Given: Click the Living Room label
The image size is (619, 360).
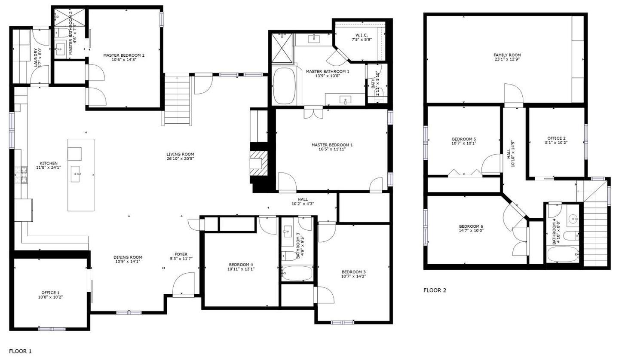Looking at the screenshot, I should pyautogui.click(x=180, y=154).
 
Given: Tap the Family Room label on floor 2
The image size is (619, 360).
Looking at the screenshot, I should pyautogui.click(x=507, y=55).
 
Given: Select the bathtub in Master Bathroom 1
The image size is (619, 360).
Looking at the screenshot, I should pyautogui.click(x=284, y=85).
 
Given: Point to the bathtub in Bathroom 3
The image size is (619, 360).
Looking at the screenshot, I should pyautogui.click(x=297, y=273).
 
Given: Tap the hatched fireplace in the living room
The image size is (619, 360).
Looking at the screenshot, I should pyautogui.click(x=259, y=163).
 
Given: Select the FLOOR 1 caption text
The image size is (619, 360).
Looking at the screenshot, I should pyautogui.click(x=20, y=351).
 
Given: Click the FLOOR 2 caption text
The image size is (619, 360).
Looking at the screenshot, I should pyautogui.click(x=435, y=290).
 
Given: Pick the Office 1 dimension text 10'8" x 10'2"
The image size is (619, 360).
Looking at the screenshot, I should pyautogui.click(x=50, y=297).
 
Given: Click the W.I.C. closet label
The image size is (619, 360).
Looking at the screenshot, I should pyautogui.click(x=362, y=35).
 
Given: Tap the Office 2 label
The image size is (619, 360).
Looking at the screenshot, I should pyautogui.click(x=556, y=138).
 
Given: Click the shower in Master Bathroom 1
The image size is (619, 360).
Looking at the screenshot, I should pyautogui.click(x=282, y=48).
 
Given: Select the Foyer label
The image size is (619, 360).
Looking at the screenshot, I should pyautogui.click(x=181, y=254).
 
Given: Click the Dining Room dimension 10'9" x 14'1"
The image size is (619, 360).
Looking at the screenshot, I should pyautogui.click(x=127, y=261).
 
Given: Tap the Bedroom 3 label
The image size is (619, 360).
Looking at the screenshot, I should pyautogui.click(x=353, y=272).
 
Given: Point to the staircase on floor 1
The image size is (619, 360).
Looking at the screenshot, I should pyautogui.click(x=177, y=99).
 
